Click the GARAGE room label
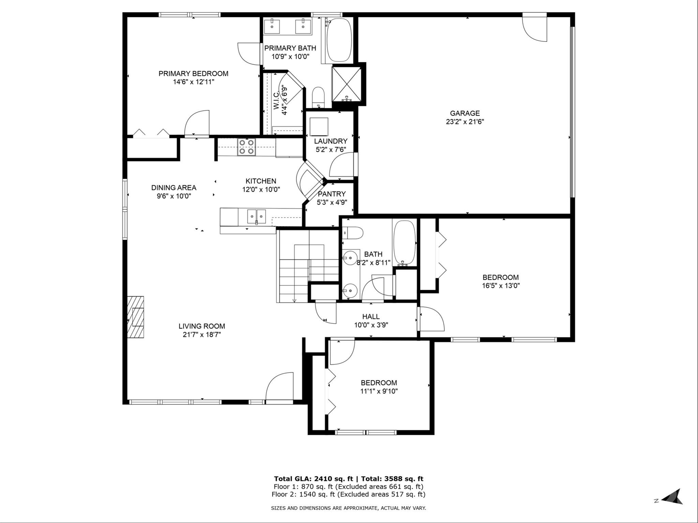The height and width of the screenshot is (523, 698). tap(465, 113)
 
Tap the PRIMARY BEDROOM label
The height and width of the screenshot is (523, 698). tap(193, 74)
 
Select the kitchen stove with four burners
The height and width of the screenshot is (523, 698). tap(247, 147)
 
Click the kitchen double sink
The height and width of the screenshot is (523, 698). tap(256, 216)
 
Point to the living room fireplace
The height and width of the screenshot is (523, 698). tap(136, 317)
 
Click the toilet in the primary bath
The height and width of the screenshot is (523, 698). tap(318, 97)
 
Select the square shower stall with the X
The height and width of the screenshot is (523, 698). tap(346, 84)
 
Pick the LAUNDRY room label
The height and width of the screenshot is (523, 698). tap(331, 141)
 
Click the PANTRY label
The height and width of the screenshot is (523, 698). tap(332, 194)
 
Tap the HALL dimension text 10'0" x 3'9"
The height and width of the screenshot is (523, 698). tap(371, 325)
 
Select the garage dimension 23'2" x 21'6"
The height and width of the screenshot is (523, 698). tap(465, 122)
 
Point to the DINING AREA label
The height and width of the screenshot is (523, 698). tap(174, 188)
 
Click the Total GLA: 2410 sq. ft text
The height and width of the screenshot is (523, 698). tap(313, 479)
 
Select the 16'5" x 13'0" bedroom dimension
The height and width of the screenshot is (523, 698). tap(501, 286)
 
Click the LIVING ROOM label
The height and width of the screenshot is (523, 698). tap(202, 326)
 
